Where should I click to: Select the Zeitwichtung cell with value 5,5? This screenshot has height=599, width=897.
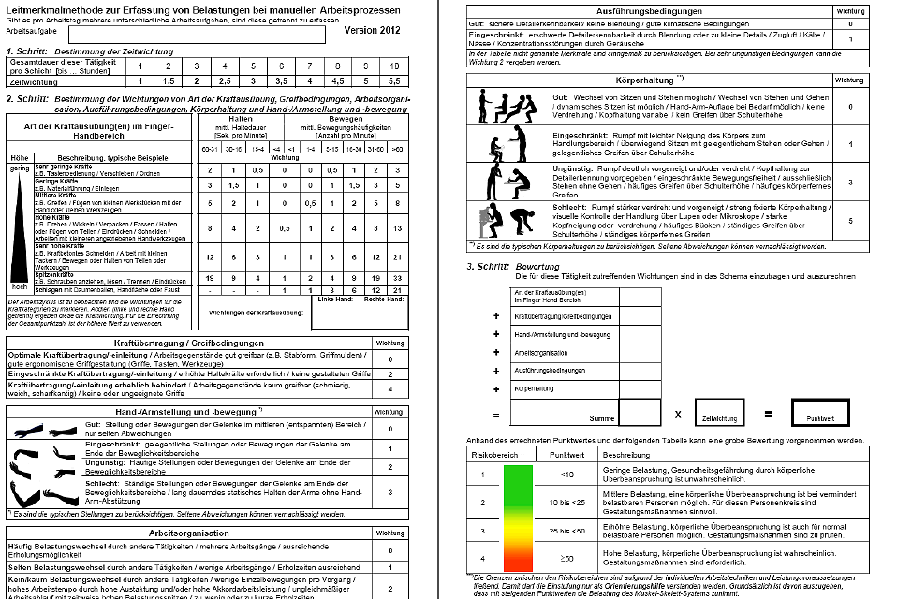tap(394, 82)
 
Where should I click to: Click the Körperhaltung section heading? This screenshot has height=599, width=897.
tap(646, 80)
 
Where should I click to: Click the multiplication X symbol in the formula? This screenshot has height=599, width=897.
tap(677, 413)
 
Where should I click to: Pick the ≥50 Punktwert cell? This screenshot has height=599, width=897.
tap(566, 559)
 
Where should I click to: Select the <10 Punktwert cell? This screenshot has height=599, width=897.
tap(566, 475)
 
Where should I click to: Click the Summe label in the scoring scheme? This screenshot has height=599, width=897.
tap(602, 419)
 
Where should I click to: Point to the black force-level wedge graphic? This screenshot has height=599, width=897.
tap(20, 225)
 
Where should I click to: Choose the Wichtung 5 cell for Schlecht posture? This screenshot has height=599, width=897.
tap(849, 221)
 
